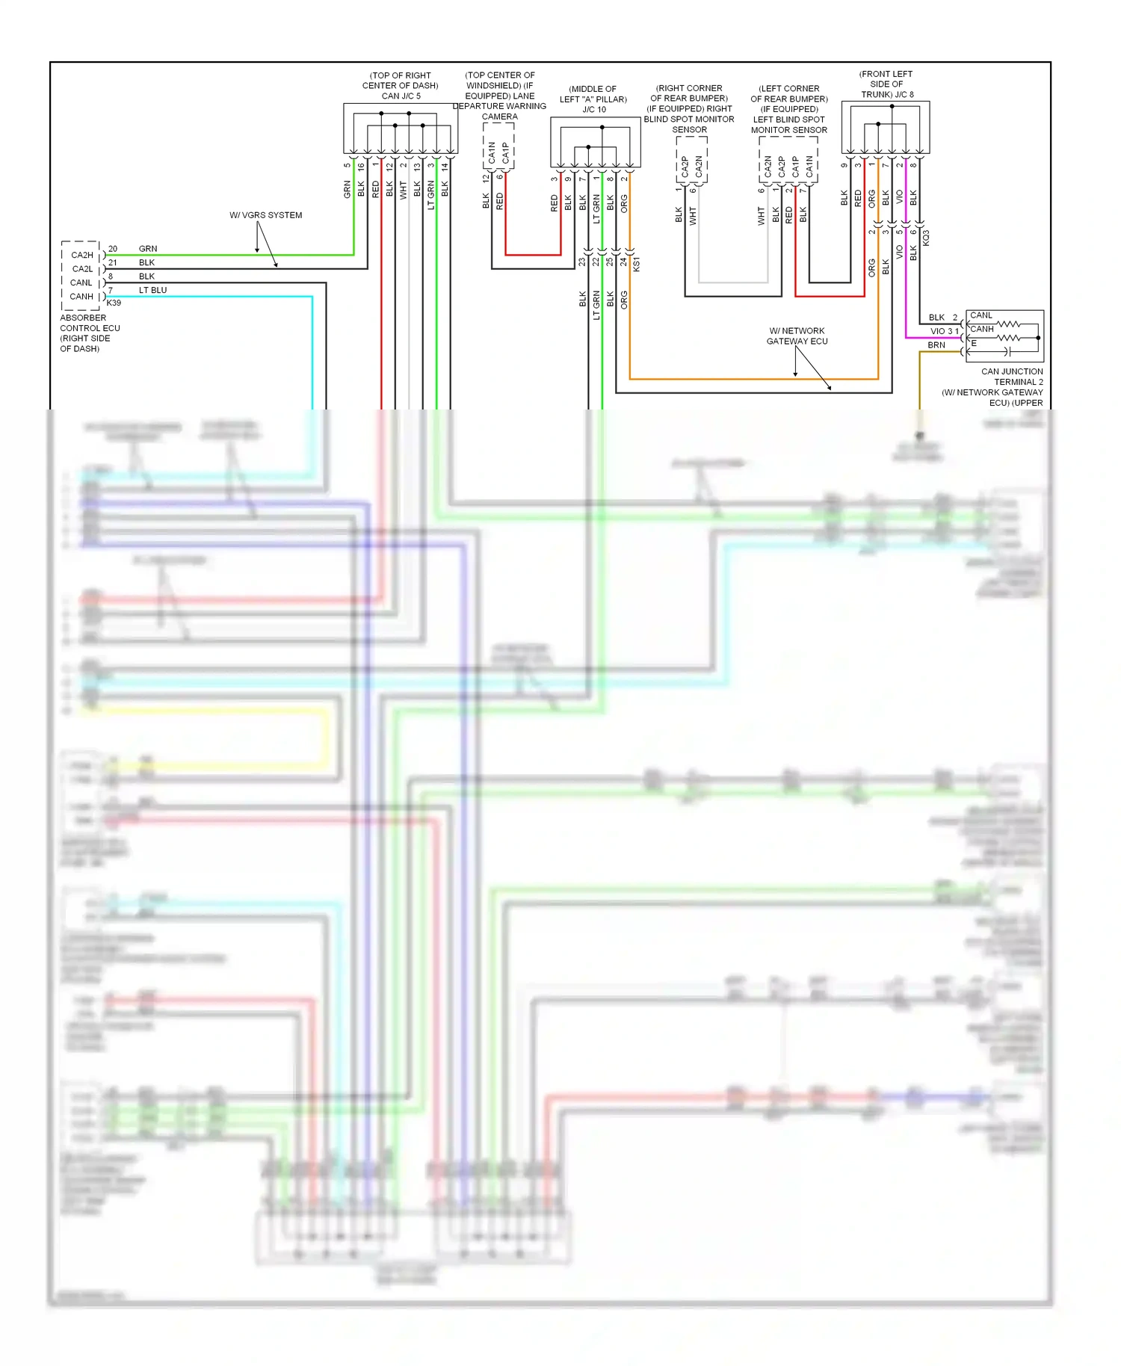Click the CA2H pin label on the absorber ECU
coord(82,255)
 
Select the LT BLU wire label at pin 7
coord(152,290)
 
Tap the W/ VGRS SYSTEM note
coord(265,215)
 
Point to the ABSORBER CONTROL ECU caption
coord(89,333)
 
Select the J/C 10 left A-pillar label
coord(593,99)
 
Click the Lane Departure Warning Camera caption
coord(499,96)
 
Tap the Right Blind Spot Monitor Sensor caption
coord(689,108)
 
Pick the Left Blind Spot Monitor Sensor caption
coord(789,109)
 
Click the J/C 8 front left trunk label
coord(886,84)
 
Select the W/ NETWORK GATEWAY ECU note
coord(797,336)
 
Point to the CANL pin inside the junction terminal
coord(981,315)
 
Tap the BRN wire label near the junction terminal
coord(936,345)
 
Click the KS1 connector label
coord(636,264)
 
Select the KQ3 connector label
coord(926,238)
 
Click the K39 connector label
coord(114,303)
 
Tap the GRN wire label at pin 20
coord(148,249)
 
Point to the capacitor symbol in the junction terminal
coord(1007,350)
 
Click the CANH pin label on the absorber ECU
coord(81,297)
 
